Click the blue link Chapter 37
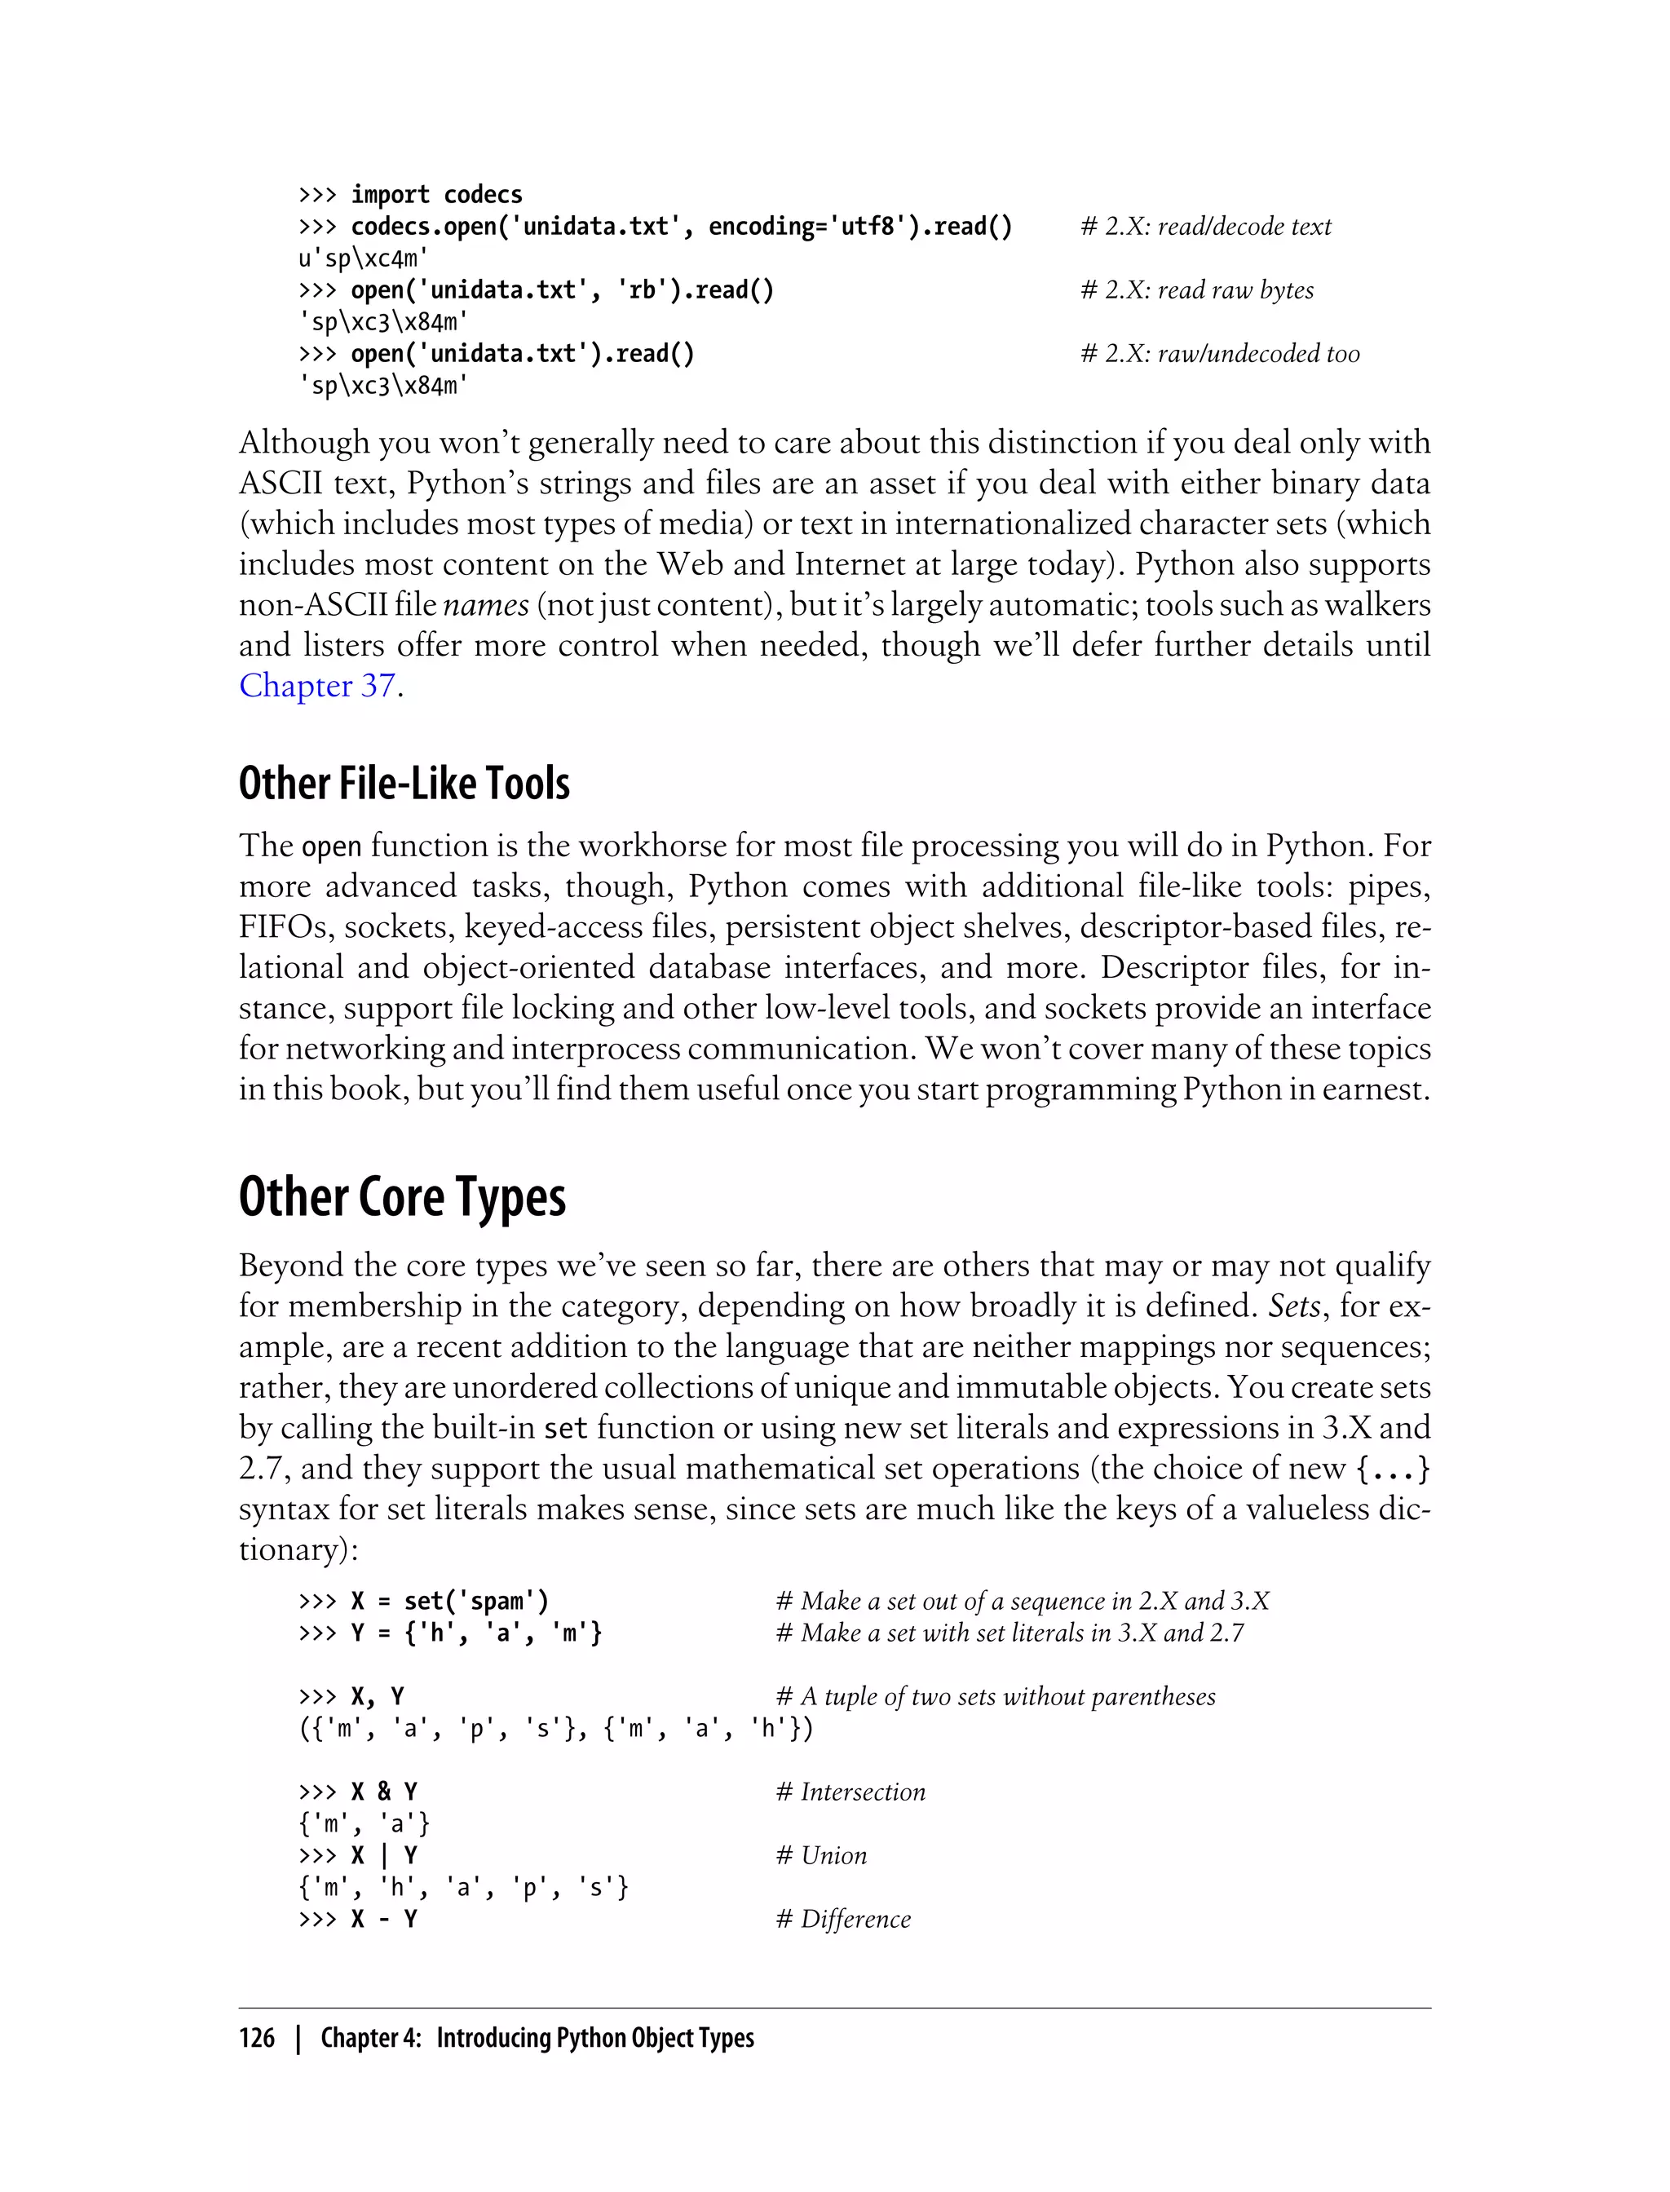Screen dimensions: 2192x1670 click(316, 686)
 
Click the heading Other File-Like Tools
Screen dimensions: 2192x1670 click(404, 784)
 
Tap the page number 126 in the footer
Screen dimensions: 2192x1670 click(257, 2038)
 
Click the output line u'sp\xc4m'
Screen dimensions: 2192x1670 click(363, 259)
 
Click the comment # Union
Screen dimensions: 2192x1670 click(821, 1856)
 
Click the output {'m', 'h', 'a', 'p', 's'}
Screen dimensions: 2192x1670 click(463, 1888)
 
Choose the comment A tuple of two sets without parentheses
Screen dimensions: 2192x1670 click(995, 1697)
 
